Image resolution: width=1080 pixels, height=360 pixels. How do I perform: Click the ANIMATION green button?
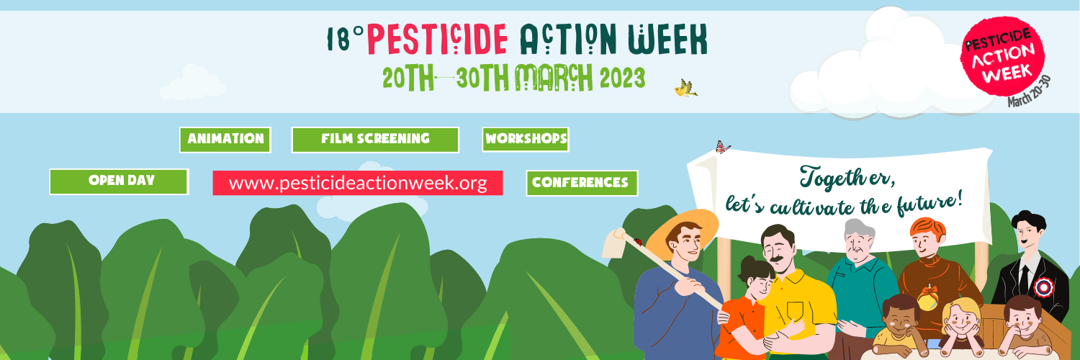coord(225,140)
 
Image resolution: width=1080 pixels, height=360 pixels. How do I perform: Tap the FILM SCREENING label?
coord(375,139)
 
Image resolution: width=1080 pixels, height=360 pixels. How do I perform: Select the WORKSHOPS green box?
coord(526,139)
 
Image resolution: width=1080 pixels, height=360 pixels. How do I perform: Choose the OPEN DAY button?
coord(119,181)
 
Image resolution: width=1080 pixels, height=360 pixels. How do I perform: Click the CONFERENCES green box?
coord(582,183)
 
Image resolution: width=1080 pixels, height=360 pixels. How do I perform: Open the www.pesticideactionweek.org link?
coord(358,183)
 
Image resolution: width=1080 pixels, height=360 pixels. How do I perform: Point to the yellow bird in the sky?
coord(685,88)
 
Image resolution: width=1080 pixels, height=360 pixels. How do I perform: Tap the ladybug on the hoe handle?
coord(639,242)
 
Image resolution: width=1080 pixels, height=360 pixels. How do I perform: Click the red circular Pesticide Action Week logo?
coord(1002,57)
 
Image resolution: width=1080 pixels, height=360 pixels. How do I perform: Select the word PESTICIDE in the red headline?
coord(437,40)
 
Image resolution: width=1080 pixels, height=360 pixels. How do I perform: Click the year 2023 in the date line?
coord(623,78)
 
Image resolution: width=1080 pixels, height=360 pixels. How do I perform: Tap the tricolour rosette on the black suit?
coord(1043,287)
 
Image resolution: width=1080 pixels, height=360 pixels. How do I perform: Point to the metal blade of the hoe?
coord(614,243)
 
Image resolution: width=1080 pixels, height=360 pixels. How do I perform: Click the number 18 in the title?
coord(338,40)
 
